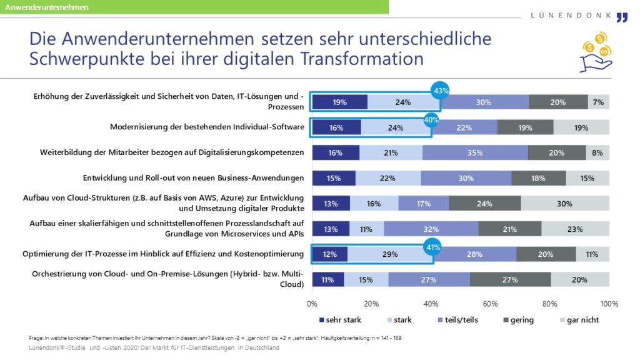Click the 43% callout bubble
coord(441,91)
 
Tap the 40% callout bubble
coord(431,118)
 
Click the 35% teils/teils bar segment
coord(475,152)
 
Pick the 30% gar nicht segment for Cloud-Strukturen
coord(565,203)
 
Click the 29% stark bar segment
coord(390,254)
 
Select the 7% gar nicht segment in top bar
coord(598,102)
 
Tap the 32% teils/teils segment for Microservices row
coord(431,229)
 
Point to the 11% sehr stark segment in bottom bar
coord(327,279)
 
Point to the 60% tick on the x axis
coord(491,304)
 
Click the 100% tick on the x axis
coord(609,304)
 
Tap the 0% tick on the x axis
coord(312,304)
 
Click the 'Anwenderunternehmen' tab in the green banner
coord(47,7)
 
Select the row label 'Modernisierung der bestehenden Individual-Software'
coord(207,127)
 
